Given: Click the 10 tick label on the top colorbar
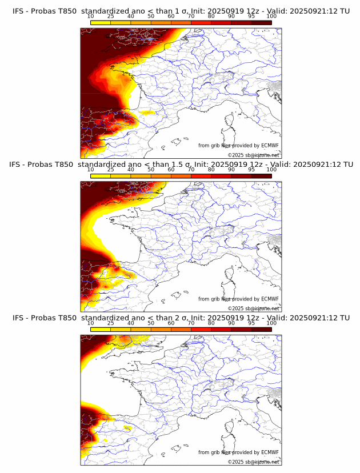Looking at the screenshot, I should pyautogui.click(x=91, y=17).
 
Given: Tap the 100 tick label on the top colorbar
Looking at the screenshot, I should pyautogui.click(x=271, y=17).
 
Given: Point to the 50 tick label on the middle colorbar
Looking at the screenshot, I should pyautogui.click(x=151, y=170).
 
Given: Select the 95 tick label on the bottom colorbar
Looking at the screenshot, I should pyautogui.click(x=251, y=323).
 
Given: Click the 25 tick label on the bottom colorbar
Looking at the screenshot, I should pyautogui.click(x=111, y=323).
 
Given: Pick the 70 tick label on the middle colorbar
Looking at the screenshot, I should pyautogui.click(x=191, y=170).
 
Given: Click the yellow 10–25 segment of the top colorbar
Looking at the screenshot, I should pyautogui.click(x=101, y=22).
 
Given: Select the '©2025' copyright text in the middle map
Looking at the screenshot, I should pyautogui.click(x=235, y=308).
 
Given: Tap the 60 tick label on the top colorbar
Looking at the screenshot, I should pyautogui.click(x=171, y=17).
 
